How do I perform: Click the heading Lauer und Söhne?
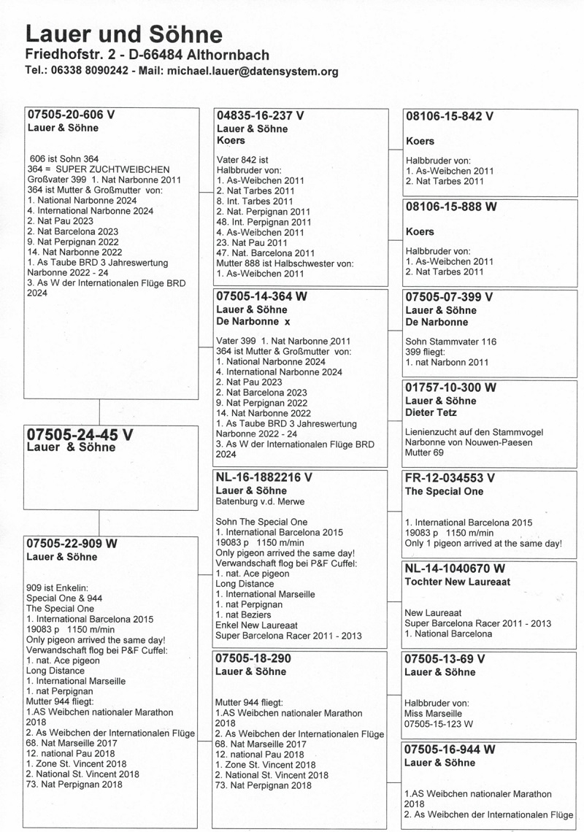point(123,34)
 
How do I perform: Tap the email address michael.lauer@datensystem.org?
point(253,72)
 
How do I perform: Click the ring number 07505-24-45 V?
point(80,434)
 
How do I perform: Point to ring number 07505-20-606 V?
point(71,115)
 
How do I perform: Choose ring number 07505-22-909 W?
point(72,544)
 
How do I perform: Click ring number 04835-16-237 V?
point(261,115)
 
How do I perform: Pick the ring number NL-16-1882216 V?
point(264,477)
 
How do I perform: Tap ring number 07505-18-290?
point(253,658)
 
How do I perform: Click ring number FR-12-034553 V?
point(450,478)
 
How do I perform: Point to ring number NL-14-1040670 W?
point(454,569)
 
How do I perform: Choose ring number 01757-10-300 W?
point(450,388)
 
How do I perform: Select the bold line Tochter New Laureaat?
point(458,582)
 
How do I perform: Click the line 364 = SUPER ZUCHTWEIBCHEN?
point(92,169)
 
